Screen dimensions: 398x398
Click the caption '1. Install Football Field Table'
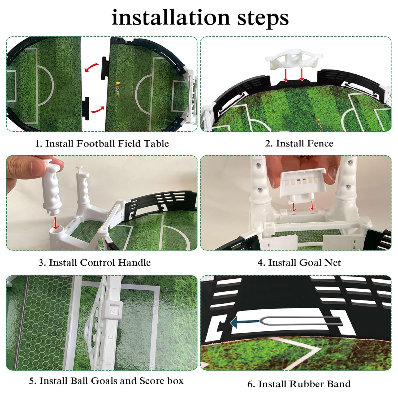click(x=102, y=144)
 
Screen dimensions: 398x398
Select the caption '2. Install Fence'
click(x=299, y=143)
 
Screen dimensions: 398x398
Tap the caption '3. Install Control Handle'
click(x=95, y=262)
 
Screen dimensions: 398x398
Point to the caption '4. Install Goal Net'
click(x=299, y=262)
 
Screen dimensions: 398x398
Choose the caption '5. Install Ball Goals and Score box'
click(x=106, y=381)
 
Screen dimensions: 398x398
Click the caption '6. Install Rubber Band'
click(x=299, y=384)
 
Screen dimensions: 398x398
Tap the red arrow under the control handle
click(x=55, y=223)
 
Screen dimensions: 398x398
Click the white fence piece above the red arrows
click(x=294, y=59)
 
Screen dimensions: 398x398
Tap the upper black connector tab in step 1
click(x=104, y=68)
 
